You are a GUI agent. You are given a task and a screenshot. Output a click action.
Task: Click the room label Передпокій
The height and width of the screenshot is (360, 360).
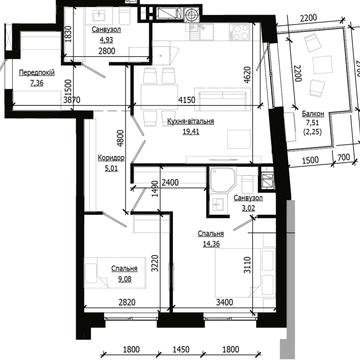pyautogui.click(x=37, y=73)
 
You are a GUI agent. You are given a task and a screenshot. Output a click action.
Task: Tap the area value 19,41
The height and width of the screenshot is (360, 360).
pyautogui.click(x=191, y=131)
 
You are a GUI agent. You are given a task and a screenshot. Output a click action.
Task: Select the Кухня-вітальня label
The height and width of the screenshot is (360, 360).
pyautogui.click(x=191, y=122)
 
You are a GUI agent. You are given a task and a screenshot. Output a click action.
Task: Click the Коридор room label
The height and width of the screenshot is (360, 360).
pyautogui.click(x=111, y=158)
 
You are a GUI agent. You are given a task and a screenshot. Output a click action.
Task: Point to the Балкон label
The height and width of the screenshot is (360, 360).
pyautogui.click(x=312, y=113)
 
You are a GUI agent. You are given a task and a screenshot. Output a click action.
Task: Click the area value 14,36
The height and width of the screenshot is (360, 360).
pyautogui.click(x=210, y=244)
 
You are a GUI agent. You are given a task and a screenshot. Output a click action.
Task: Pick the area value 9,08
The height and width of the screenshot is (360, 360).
pyautogui.click(x=124, y=279)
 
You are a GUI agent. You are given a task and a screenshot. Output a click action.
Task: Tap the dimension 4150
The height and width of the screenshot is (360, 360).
pyautogui.click(x=184, y=99)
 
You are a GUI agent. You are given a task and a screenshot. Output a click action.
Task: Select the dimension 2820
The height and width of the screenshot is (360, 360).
pyautogui.click(x=127, y=303)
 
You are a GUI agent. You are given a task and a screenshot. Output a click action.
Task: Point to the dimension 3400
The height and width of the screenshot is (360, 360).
pyautogui.click(x=224, y=303)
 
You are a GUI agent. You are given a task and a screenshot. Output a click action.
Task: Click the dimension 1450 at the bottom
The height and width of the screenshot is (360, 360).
pyautogui.click(x=181, y=350)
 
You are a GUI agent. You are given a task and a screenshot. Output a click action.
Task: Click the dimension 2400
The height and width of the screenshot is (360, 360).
pyautogui.click(x=170, y=183)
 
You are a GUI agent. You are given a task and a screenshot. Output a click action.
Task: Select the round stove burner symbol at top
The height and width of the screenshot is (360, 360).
pyautogui.click(x=192, y=14)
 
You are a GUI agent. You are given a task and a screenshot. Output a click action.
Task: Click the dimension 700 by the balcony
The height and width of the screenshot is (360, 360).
pyautogui.click(x=343, y=157)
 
